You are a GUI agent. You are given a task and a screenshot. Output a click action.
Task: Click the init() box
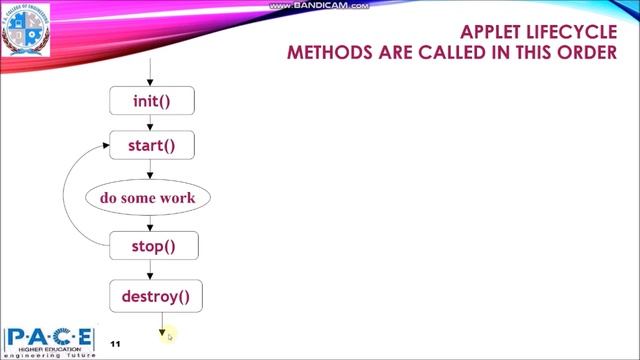(150, 101)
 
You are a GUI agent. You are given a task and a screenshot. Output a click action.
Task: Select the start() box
(150, 147)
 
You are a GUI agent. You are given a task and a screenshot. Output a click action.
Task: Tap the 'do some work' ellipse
(148, 197)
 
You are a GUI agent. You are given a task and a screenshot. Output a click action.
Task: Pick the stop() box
(150, 246)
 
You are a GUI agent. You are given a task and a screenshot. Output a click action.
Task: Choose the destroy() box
(155, 296)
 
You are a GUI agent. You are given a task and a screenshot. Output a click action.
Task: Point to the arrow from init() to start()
(150, 124)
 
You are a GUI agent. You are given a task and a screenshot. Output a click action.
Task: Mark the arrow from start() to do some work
(150, 170)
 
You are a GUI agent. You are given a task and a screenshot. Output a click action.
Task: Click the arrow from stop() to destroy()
(150, 271)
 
